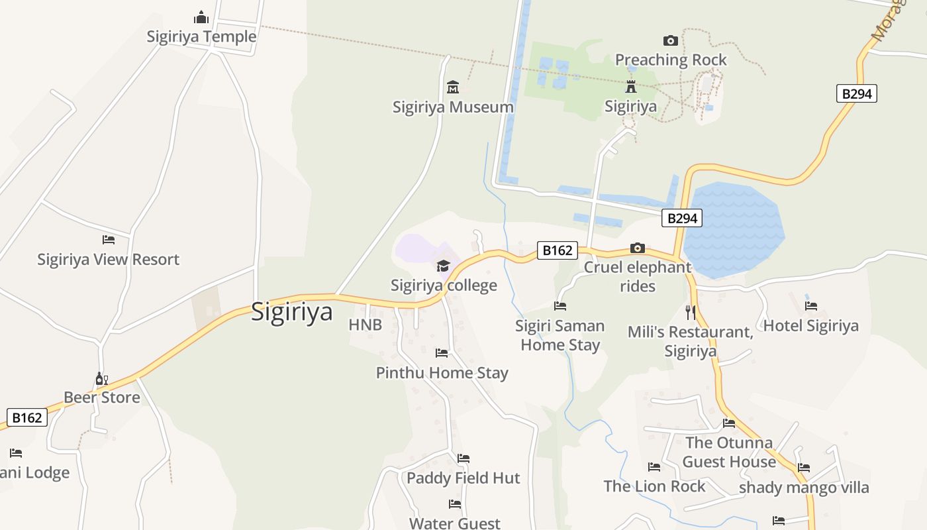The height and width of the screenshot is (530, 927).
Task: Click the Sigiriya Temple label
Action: pos(201,36)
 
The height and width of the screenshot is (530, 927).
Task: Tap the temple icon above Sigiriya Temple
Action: pos(201,17)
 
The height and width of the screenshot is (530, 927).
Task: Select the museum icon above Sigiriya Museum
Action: pos(453,87)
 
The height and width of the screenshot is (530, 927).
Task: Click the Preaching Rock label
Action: pos(671,60)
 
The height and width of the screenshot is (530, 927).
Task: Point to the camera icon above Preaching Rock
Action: pos(670,41)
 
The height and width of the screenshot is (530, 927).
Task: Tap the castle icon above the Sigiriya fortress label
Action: pos(630,87)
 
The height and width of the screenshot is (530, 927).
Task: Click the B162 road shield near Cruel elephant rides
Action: pos(557,250)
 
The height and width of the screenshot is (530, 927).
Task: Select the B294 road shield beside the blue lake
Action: pos(681,218)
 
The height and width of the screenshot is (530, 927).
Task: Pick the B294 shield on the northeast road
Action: pos(856,94)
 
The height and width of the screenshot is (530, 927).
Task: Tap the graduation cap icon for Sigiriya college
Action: pos(443,266)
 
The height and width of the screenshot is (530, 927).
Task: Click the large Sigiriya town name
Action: pos(291,311)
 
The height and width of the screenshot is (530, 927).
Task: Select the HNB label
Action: pos(366,325)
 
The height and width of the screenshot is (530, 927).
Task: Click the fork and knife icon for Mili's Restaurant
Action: pos(690,312)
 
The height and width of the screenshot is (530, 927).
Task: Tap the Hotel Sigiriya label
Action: pos(810,325)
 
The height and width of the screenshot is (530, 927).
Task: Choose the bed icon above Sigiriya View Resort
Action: pos(109,240)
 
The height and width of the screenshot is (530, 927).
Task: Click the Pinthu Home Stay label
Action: pos(442,372)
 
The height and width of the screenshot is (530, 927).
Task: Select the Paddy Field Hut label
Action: pos(463,478)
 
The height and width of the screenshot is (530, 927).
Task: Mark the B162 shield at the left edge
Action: pos(27,417)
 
